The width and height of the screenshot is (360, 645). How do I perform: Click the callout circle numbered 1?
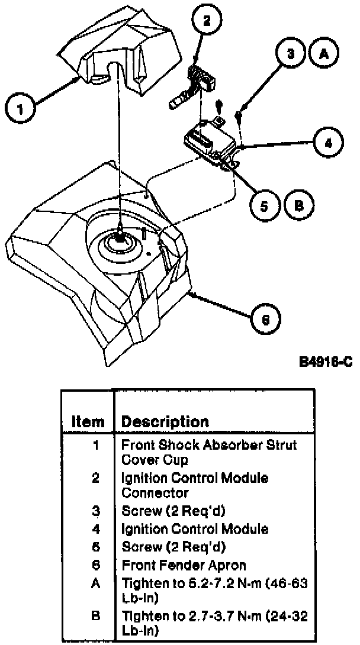point(20,110)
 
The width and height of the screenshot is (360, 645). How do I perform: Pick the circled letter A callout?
point(323,54)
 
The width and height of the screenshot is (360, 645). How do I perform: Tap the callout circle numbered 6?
point(266,320)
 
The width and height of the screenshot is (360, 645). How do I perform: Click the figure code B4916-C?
point(326,362)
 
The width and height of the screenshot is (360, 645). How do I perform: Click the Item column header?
point(88,421)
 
